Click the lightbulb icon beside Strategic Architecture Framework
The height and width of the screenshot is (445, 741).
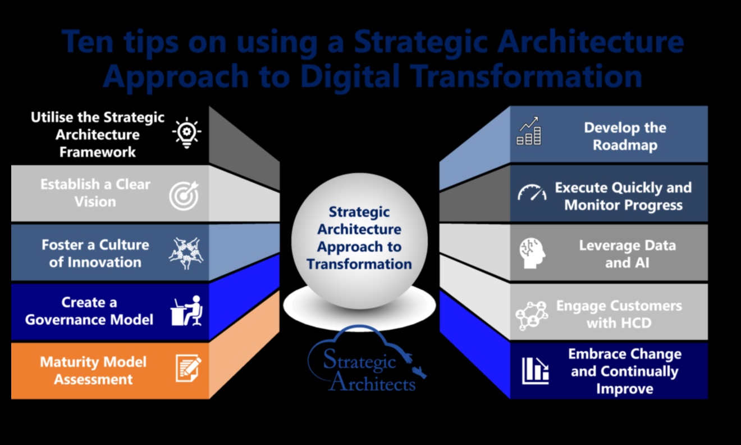pos(186,133)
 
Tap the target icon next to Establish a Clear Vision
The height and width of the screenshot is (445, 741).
pos(184,196)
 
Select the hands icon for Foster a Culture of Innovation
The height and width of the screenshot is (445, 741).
pos(186,253)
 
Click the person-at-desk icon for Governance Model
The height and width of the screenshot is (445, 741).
pos(186,311)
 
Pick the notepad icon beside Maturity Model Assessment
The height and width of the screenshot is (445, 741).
pos(188,368)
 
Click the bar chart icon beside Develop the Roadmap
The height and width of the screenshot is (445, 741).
pos(529,131)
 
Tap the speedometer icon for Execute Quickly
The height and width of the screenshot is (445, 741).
pos(532,192)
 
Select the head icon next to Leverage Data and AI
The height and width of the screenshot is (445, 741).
pos(532,253)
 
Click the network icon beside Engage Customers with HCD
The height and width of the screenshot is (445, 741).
pos(532,316)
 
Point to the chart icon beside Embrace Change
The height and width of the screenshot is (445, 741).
pos(535,371)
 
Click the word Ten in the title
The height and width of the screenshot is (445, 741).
pos(88,42)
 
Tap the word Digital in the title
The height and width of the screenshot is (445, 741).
pos(350,77)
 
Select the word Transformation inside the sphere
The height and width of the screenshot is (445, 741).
pos(359,264)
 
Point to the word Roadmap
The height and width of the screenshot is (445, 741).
pos(625,146)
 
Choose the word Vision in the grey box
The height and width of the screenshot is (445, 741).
pos(95,202)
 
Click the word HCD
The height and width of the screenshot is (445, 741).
pos(635,323)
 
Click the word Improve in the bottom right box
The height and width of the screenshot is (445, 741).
pos(625,389)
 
